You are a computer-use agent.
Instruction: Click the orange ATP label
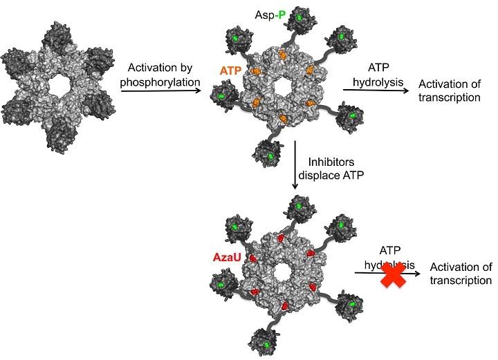coord(230,70)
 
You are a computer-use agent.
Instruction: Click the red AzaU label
coord(227,257)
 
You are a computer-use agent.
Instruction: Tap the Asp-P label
coord(270,15)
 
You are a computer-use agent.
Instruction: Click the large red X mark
coord(394,275)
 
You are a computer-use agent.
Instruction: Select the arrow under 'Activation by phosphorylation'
coord(161,91)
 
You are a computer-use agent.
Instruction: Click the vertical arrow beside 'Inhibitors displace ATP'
coord(295,165)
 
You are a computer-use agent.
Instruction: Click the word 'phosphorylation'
coord(160,82)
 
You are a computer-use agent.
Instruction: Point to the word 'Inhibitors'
coord(331,162)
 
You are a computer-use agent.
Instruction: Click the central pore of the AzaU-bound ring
coord(281,274)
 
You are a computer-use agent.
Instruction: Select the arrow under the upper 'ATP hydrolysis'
coord(376,91)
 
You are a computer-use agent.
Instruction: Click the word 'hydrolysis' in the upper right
coord(378,82)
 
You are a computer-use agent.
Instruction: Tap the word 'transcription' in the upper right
coord(449,97)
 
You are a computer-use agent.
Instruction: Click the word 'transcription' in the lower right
coord(461,281)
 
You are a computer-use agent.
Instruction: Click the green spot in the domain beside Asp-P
coord(299,18)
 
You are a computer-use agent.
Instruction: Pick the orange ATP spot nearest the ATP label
coord(255,71)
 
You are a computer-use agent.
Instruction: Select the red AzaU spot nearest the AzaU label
coord(252,258)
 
